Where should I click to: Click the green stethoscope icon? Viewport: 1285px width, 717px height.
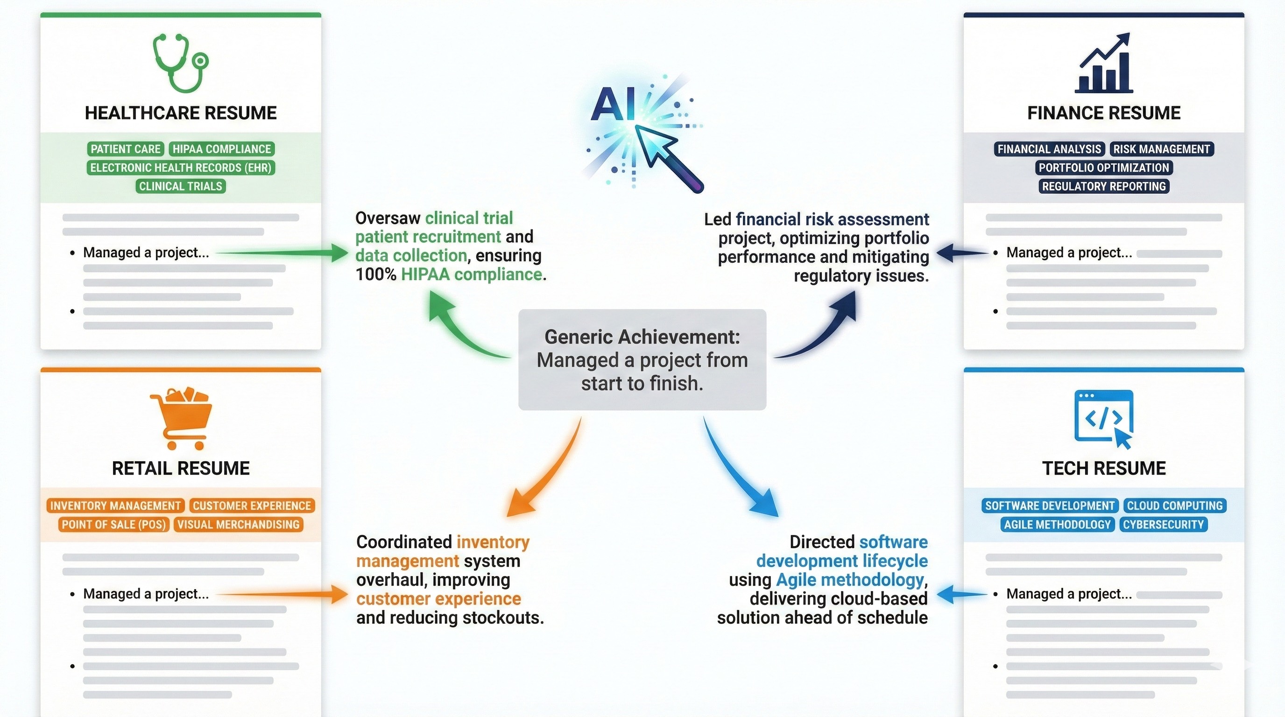point(180,63)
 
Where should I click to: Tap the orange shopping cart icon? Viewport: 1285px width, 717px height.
point(181,418)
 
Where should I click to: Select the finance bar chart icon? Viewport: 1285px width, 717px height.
point(1103,63)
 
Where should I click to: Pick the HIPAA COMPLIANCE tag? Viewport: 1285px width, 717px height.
point(221,149)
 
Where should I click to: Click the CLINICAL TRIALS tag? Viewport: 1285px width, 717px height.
point(181,186)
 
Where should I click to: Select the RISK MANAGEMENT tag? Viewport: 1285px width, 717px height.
point(1161,149)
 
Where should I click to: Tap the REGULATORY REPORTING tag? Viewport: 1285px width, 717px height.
point(1103,186)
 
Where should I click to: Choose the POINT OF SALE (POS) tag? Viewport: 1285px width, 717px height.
point(114,525)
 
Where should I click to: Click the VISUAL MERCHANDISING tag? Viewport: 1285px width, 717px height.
point(239,525)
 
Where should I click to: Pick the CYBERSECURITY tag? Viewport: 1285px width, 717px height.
point(1163,525)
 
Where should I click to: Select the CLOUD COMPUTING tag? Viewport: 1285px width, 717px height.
point(1175,506)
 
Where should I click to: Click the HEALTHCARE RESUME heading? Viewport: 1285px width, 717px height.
point(181,113)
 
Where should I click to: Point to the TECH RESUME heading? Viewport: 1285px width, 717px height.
point(1103,469)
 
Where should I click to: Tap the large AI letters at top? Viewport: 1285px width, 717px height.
point(613,104)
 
